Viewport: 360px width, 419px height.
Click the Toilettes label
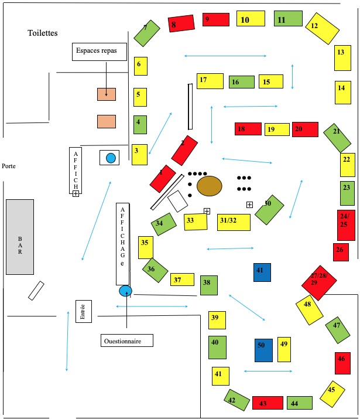click(43, 33)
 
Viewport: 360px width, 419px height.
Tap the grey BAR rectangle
click(20, 237)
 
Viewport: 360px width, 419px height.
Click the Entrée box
click(83, 311)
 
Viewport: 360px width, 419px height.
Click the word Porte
click(8, 166)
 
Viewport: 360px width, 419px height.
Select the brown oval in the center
click(209, 186)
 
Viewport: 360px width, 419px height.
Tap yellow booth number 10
click(251, 19)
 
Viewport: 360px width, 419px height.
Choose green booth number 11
click(288, 19)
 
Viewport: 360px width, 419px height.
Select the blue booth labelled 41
click(262, 272)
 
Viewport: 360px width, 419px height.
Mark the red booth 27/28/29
click(319, 281)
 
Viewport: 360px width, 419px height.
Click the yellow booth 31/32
click(234, 222)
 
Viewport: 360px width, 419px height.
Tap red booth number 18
click(248, 129)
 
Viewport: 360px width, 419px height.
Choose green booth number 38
click(208, 285)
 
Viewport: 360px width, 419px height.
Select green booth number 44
click(299, 403)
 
